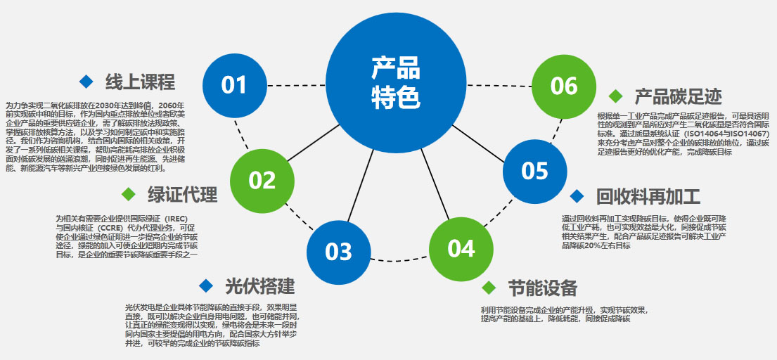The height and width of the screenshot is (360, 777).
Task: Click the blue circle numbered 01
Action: [x=234, y=85]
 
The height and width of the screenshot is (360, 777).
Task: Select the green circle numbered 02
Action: [x=262, y=180]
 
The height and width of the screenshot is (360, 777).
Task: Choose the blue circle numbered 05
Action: [x=534, y=171]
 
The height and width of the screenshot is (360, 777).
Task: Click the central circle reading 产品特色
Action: [x=396, y=83]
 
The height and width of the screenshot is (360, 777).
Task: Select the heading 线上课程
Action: [x=140, y=82]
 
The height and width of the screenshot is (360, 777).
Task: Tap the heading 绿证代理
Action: [x=183, y=194]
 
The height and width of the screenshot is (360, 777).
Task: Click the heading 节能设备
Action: [x=543, y=288]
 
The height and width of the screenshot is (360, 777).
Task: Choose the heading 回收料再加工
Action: [x=648, y=196]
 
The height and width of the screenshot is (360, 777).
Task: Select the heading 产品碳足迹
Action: [x=679, y=96]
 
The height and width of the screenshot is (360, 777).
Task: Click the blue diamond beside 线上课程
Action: [x=86, y=82]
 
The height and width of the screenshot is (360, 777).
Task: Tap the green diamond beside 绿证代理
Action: [x=128, y=194]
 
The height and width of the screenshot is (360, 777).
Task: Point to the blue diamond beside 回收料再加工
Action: [x=577, y=196]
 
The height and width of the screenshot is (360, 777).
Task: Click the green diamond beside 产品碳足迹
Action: [x=616, y=96]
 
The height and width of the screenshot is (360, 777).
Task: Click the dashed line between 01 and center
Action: [x=295, y=85]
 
